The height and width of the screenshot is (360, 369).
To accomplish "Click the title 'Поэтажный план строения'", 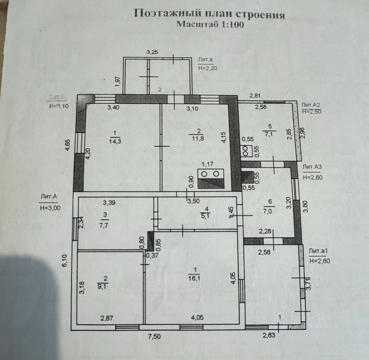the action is (209, 14).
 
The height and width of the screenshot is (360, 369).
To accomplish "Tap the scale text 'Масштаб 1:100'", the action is (210, 24).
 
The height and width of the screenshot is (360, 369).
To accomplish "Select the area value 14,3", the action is (115, 141).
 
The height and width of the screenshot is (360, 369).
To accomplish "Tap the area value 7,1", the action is (270, 134).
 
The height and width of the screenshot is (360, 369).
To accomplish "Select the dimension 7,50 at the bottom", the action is (154, 336).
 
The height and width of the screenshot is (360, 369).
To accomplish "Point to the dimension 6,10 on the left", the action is (65, 260).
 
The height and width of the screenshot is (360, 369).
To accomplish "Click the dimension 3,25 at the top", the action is (152, 52).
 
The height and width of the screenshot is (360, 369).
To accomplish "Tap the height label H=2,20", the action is (208, 68).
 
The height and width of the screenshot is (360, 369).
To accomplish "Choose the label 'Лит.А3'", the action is (312, 167).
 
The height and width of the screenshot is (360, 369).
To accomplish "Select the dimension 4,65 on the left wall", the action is (68, 145).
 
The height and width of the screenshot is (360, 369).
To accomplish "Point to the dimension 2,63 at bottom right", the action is (269, 335).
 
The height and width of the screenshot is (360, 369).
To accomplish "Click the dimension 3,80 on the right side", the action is (306, 206).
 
